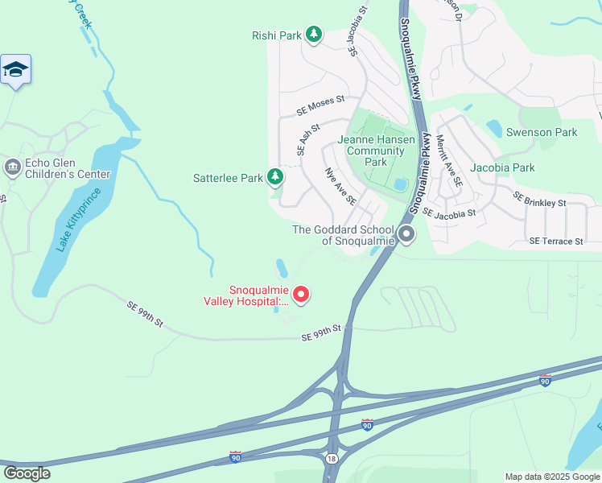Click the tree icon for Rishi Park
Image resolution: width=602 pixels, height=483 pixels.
click(x=314, y=35)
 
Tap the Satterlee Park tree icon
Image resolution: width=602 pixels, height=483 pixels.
click(x=275, y=176)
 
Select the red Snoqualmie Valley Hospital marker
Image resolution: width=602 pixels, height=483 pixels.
click(x=301, y=295)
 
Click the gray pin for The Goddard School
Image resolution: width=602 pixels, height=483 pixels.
click(x=406, y=235)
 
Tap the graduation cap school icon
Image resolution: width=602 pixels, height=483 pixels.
click(x=15, y=71)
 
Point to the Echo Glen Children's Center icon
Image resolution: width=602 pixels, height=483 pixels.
click(x=12, y=167)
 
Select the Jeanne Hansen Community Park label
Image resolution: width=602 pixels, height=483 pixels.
click(x=376, y=151)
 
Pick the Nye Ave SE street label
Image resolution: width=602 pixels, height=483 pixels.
click(x=339, y=186)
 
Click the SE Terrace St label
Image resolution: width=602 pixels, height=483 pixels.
click(x=555, y=242)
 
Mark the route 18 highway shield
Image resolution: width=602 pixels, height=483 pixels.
click(x=332, y=458)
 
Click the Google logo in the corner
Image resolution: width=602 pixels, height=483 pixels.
click(x=27, y=473)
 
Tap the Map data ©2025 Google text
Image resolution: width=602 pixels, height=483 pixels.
click(x=552, y=477)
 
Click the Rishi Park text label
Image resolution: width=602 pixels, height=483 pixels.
click(x=275, y=35)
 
